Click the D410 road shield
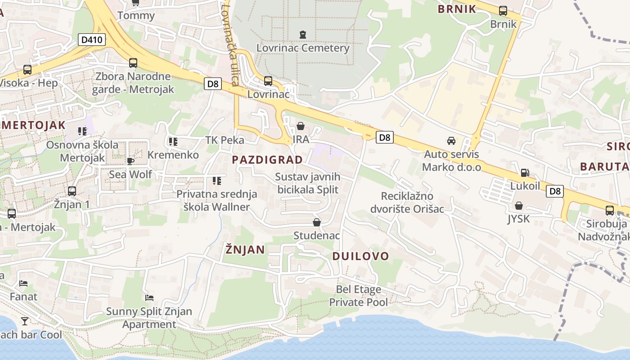92,40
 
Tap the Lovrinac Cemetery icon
302,34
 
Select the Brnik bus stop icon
503,11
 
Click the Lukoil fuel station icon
525,172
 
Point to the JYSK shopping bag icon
519,206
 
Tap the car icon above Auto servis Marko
451,141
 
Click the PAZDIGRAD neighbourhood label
267,160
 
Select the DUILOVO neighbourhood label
360,256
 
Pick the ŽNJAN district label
245,250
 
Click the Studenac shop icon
317,222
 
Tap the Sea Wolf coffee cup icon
130,161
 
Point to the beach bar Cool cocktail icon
24,321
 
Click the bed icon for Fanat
23,283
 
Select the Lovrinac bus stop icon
268,81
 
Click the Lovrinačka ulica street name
229,45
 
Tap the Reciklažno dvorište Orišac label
407,202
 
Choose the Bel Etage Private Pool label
358,296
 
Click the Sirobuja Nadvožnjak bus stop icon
610,210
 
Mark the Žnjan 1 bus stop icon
72,191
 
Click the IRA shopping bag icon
300,126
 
